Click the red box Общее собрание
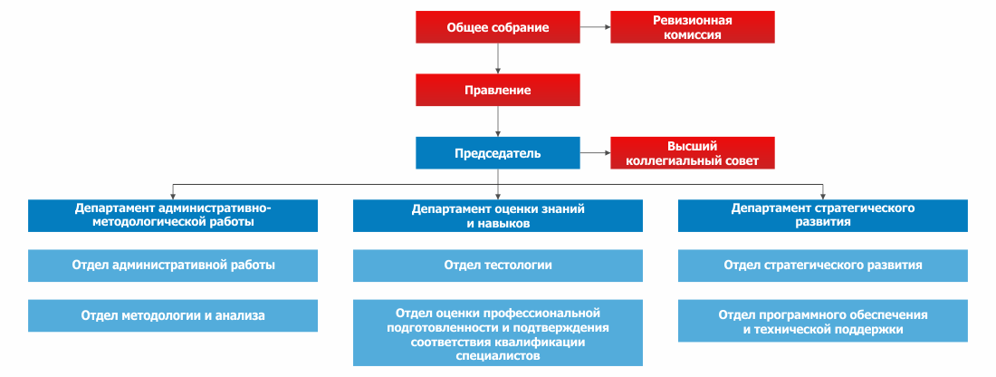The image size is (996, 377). [498, 27]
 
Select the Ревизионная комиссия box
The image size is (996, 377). [693, 27]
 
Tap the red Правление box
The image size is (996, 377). [498, 90]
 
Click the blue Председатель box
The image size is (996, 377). [498, 152]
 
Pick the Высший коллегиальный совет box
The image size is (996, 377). [693, 152]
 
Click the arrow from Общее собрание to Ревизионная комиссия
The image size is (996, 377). [595, 27]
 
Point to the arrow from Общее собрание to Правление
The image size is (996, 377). [498, 59]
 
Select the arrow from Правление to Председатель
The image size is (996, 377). [498, 121]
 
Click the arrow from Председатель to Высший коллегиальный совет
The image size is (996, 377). [595, 152]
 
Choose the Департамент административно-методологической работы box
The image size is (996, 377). [173, 216]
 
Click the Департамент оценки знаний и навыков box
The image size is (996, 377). [498, 216]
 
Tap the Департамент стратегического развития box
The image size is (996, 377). [822, 216]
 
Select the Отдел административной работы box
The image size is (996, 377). [173, 266]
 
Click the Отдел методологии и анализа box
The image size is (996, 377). [173, 315]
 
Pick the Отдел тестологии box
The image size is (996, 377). [498, 266]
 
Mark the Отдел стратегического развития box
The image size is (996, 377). [822, 266]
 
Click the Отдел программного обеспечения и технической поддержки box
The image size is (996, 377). [822, 321]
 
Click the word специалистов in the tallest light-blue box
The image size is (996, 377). [498, 356]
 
